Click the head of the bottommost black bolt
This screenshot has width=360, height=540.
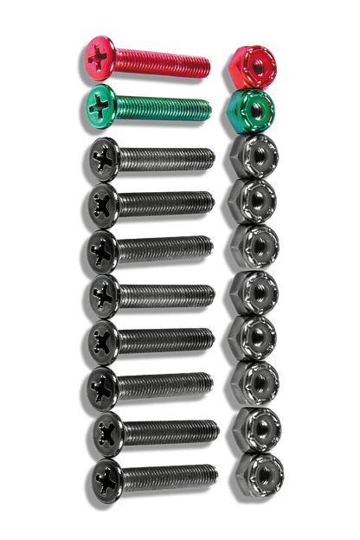tap(106, 476)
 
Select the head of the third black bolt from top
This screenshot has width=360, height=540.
tap(106, 248)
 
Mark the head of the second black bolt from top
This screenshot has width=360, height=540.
tap(106, 203)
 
